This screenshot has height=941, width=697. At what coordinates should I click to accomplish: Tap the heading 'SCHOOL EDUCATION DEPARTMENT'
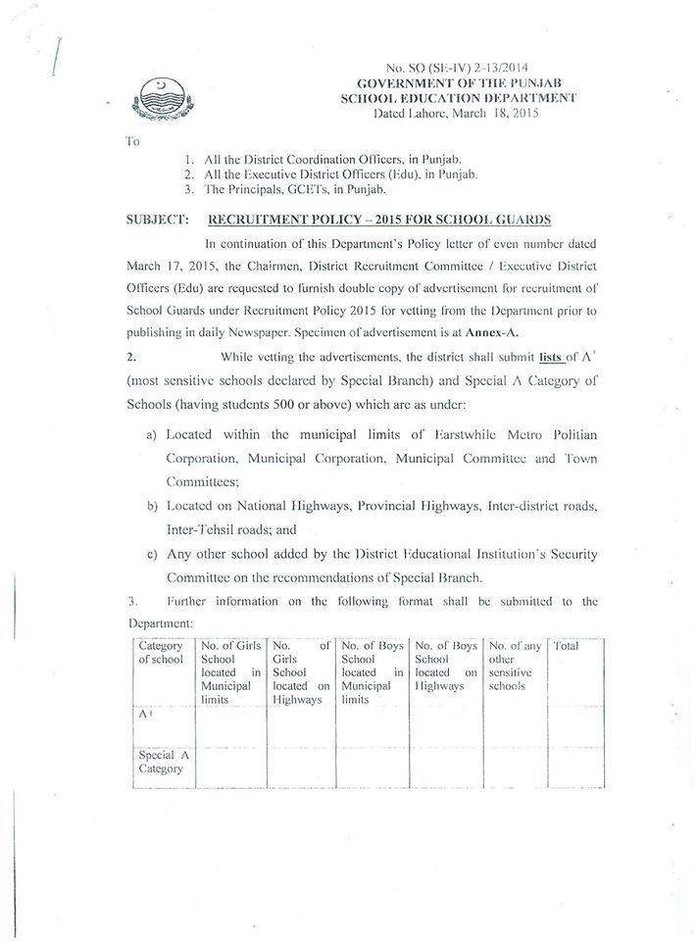457,99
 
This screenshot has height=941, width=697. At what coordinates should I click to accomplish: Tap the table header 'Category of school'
161,653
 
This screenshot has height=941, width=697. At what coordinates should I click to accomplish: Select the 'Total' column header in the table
567,647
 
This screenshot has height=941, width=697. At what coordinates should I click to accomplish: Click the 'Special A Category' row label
161,763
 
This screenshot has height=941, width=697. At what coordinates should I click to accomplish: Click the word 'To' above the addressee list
132,141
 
